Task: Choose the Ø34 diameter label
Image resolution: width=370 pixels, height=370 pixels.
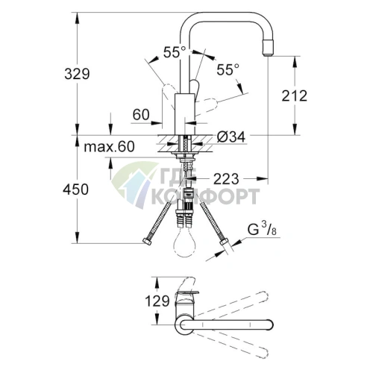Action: (x=233, y=137)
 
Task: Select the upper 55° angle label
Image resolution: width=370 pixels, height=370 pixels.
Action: (x=174, y=52)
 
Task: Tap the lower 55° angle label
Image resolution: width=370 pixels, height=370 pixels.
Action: (x=228, y=69)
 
